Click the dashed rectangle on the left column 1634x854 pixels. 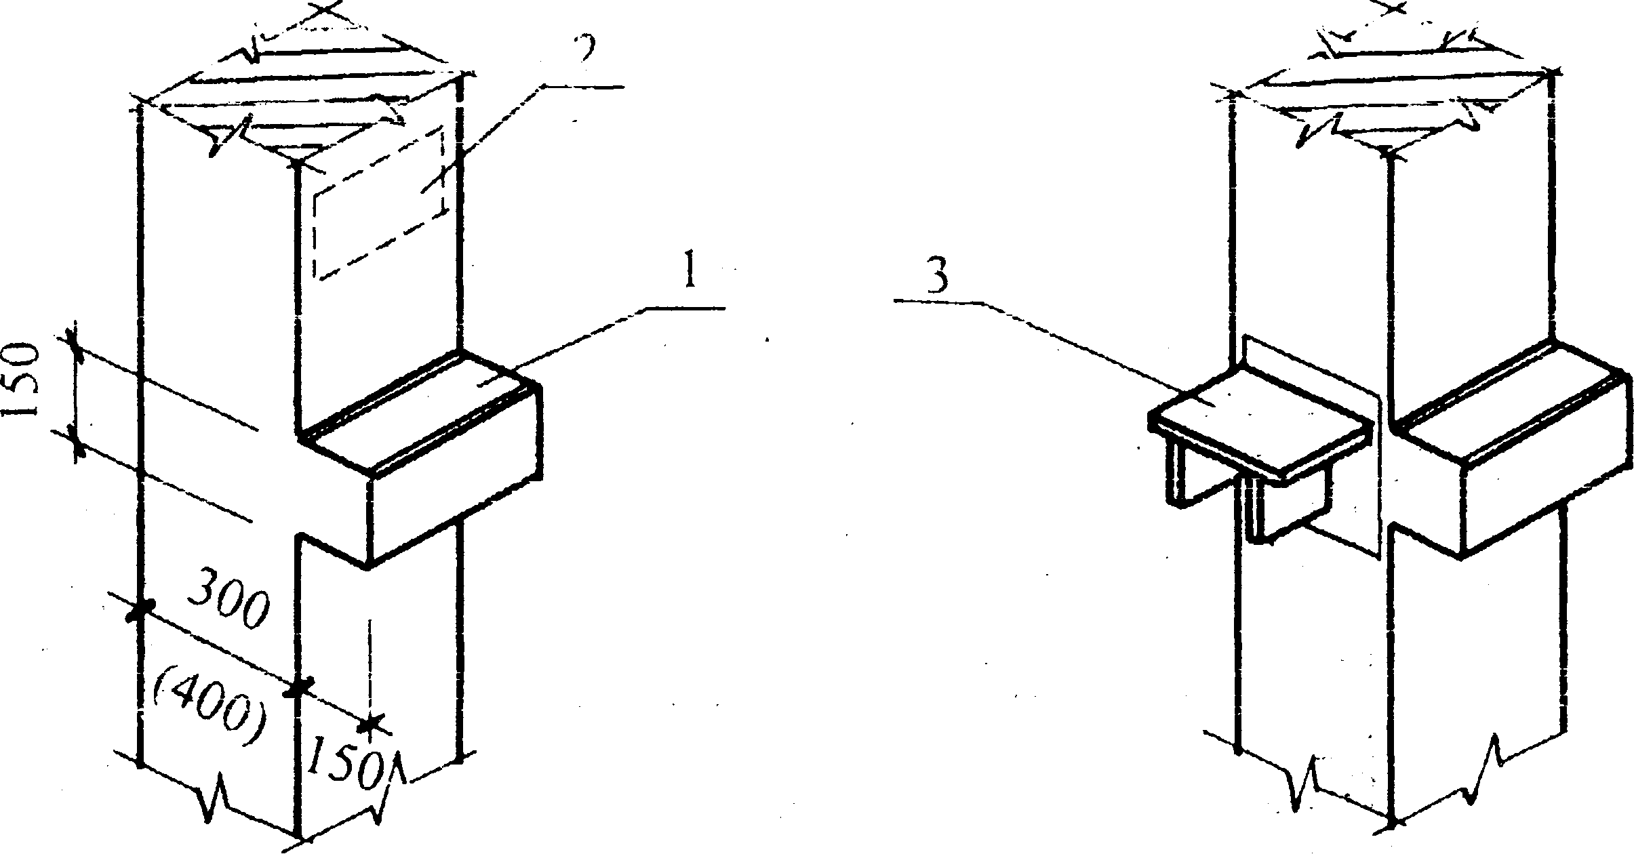(378, 203)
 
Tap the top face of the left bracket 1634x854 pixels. (420, 413)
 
